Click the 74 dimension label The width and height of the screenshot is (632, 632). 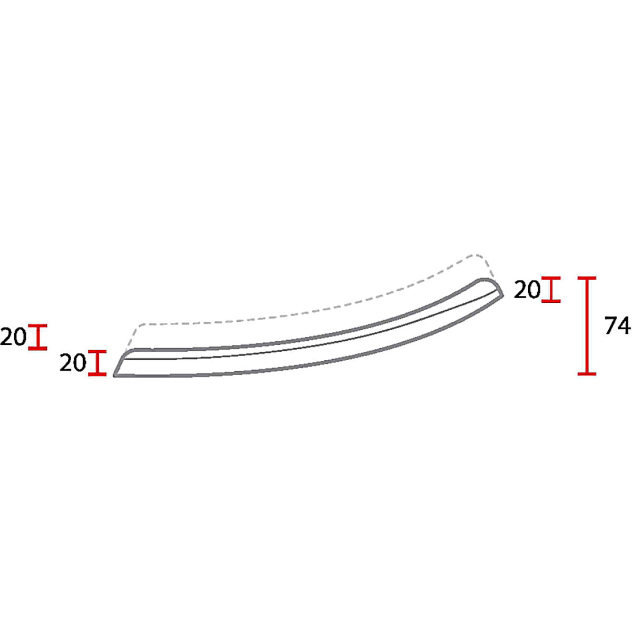[x=618, y=325]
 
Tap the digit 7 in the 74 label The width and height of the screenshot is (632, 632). [x=611, y=325]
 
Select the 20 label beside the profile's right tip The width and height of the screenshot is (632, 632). [x=527, y=290]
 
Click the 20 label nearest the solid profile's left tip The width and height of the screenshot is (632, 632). [x=73, y=363]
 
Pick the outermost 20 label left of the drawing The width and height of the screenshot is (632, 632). [x=13, y=337]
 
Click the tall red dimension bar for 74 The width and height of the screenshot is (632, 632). [x=587, y=325]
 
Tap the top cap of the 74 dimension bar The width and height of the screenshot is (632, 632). [x=587, y=278]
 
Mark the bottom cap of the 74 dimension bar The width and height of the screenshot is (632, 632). [x=587, y=373]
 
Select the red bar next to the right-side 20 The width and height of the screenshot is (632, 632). [x=551, y=289]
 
